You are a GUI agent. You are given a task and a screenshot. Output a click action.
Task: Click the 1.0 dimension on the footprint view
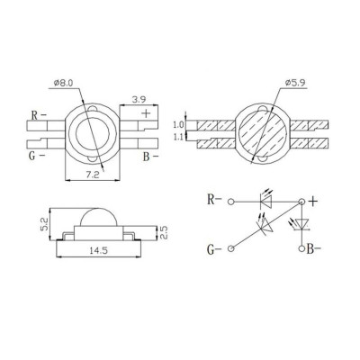[x=177, y=124]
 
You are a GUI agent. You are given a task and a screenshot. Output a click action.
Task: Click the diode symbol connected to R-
[x=267, y=202]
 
